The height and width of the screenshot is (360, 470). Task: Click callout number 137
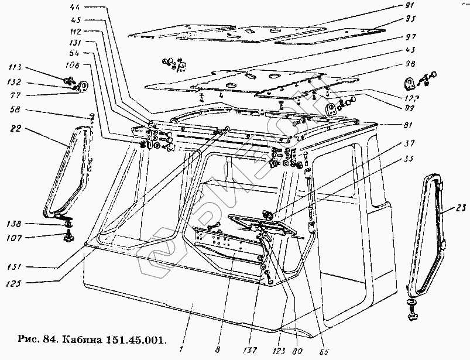[x=252, y=337]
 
